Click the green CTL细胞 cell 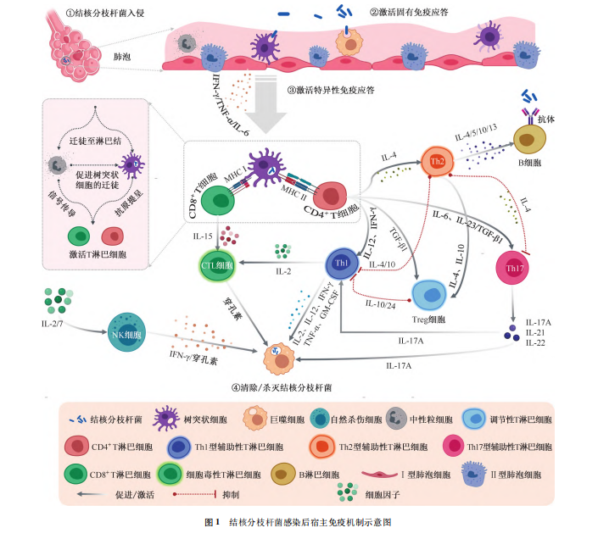click(x=219, y=265)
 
